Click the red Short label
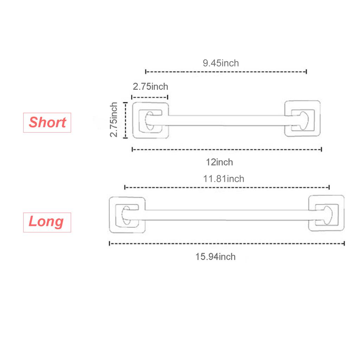47,122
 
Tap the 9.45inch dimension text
221,63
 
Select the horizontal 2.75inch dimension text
150,86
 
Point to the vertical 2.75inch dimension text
114,120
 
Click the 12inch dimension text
219,162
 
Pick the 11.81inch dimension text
224,179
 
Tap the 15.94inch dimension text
216,257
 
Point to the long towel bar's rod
227,215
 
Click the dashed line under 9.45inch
226,72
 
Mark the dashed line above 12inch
227,150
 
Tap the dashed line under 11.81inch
227,188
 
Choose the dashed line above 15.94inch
227,243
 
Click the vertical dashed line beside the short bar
126,120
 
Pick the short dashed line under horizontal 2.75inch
150,97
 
